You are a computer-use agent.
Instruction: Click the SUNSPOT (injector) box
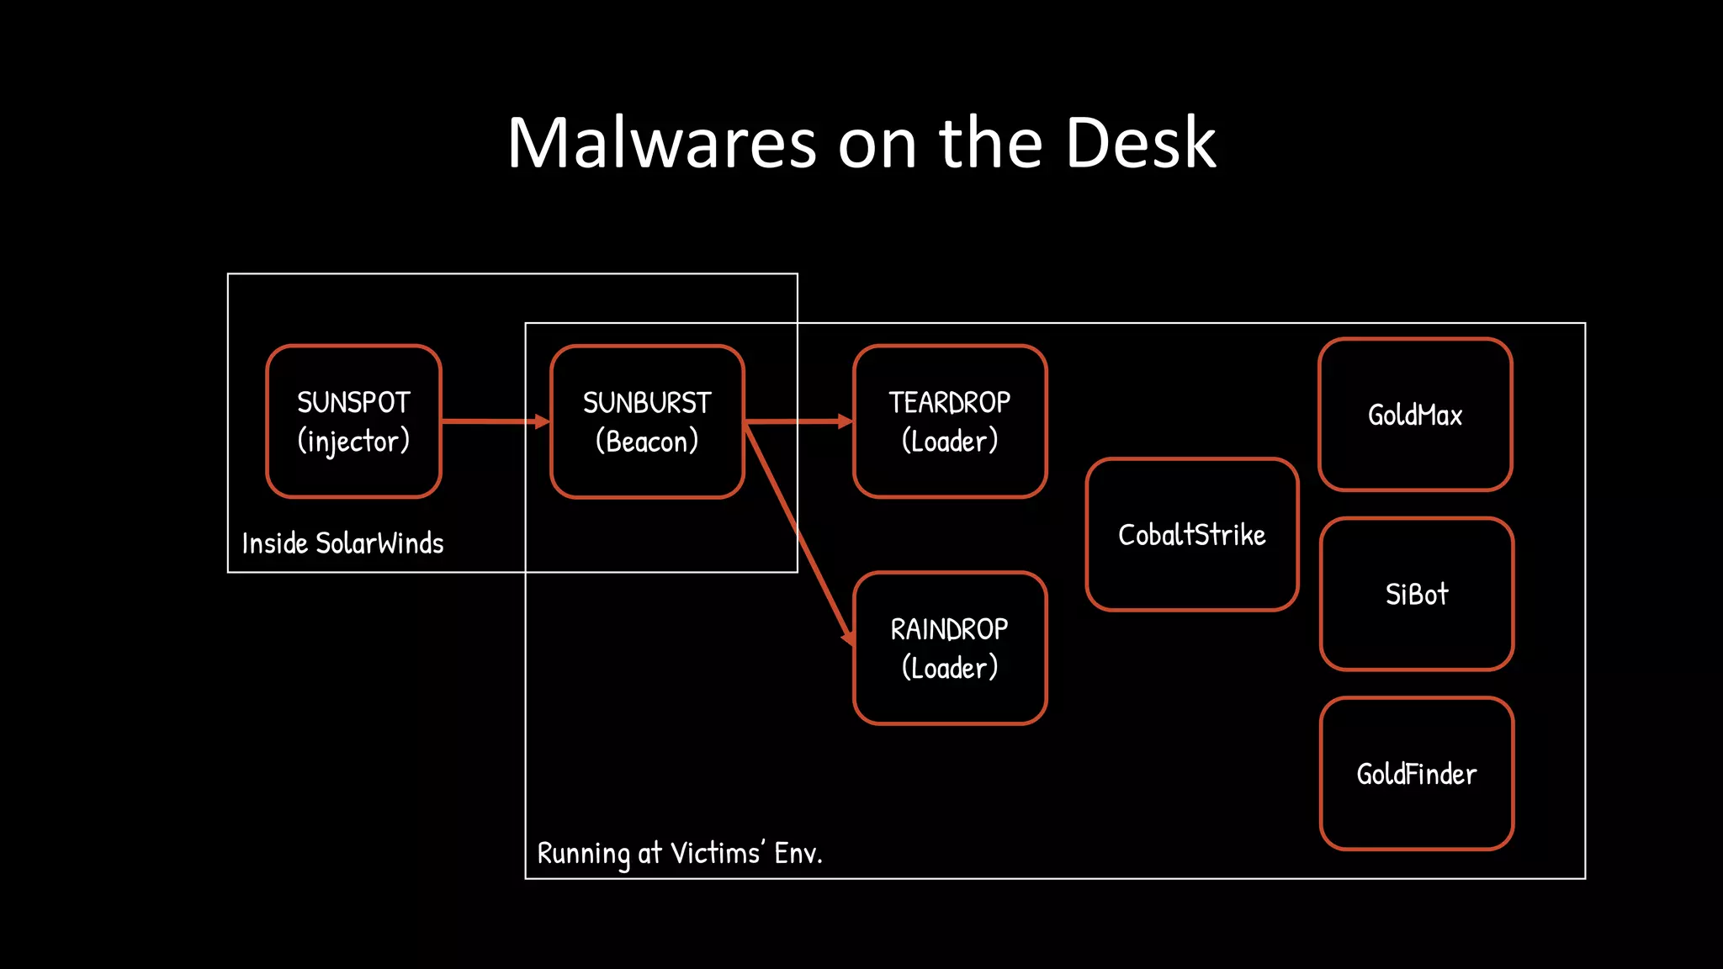(x=353, y=421)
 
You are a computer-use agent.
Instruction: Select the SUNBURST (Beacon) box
(x=647, y=421)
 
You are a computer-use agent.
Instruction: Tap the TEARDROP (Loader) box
(x=950, y=421)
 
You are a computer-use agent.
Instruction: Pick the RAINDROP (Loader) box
(x=950, y=648)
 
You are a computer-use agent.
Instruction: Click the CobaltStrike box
(x=1191, y=535)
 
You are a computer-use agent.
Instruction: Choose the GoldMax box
(x=1415, y=415)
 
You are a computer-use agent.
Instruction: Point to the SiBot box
(x=1417, y=594)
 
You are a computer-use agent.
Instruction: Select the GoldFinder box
(x=1417, y=774)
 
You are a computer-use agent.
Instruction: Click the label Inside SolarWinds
(x=342, y=543)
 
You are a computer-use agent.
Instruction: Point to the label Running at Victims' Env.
(x=680, y=853)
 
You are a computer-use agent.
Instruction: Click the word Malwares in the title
(x=661, y=143)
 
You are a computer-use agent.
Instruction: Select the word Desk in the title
(x=1140, y=143)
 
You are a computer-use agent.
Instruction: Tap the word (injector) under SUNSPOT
(x=353, y=441)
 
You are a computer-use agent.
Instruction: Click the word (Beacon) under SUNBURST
(x=647, y=442)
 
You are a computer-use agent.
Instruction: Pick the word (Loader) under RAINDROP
(x=950, y=668)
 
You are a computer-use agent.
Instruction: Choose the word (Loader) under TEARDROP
(x=950, y=441)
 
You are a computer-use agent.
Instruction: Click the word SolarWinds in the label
(x=379, y=543)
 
